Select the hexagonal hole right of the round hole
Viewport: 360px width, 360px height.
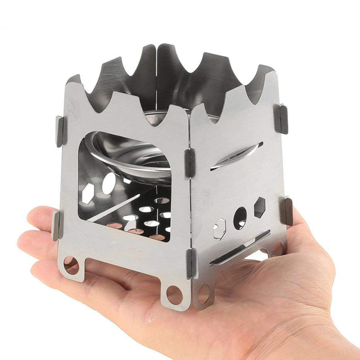(260, 207)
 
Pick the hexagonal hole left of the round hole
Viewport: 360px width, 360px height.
(219, 228)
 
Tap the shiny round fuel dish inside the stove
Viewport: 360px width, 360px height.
(130, 157)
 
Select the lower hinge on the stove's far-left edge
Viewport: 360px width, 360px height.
(56, 225)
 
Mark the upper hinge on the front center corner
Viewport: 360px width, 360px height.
(189, 162)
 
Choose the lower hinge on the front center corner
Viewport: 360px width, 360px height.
(191, 263)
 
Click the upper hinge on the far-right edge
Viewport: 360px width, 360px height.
(281, 119)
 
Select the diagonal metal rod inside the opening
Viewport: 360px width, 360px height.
(115, 208)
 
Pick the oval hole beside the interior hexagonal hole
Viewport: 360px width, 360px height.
(109, 183)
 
